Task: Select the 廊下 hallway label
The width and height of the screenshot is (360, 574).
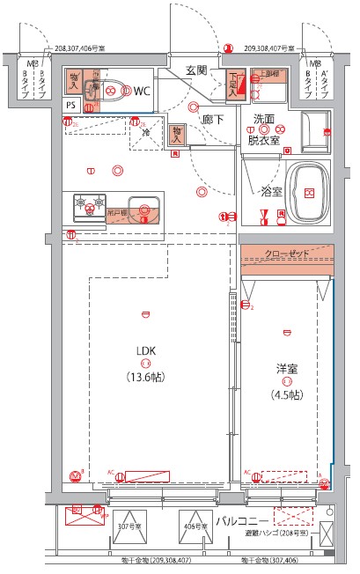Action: (213, 119)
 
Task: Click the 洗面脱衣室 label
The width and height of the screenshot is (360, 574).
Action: (263, 129)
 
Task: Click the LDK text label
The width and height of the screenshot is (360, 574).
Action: (145, 350)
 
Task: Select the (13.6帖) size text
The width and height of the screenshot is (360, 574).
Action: (145, 377)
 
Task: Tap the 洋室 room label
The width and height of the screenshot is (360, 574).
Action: (286, 367)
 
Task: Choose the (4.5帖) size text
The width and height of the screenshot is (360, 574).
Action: (286, 394)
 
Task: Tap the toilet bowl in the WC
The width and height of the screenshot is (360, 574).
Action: (111, 88)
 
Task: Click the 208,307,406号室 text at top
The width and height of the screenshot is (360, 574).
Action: (92, 50)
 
